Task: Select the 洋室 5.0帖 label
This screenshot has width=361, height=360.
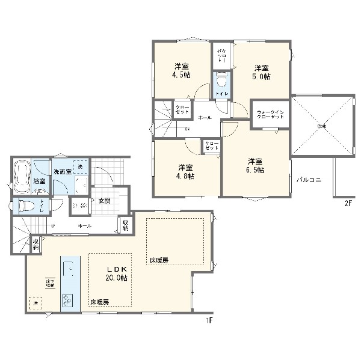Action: click(261, 72)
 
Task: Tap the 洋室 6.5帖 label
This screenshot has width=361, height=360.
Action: click(255, 165)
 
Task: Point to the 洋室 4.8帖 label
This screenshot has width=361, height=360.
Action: click(185, 171)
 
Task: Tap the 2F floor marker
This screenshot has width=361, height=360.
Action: click(347, 203)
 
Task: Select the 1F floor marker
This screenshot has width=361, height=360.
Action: click(209, 320)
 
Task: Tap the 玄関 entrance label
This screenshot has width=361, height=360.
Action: click(103, 201)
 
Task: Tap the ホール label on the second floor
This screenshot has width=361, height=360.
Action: click(205, 118)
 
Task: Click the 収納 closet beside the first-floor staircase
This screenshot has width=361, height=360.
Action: click(36, 243)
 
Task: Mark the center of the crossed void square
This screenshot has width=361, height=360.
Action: click(322, 126)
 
